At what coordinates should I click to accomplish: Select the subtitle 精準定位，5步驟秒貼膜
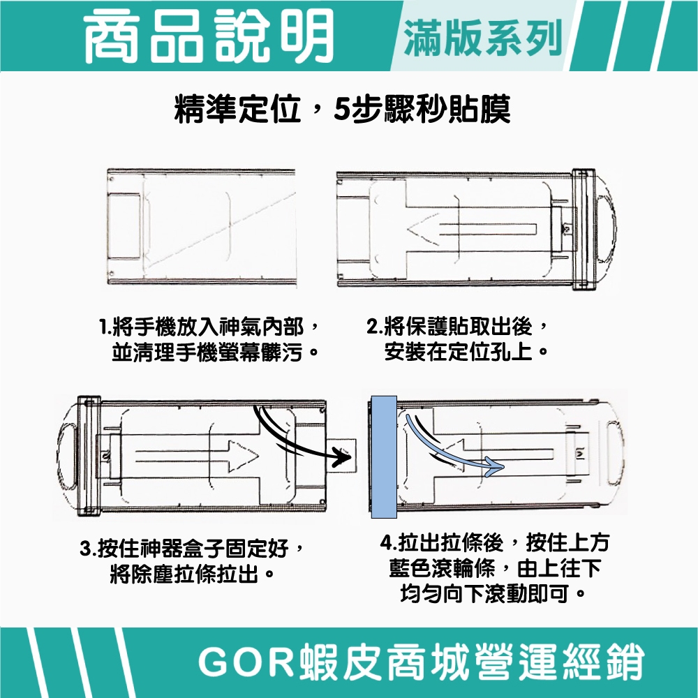pyautogui.click(x=342, y=108)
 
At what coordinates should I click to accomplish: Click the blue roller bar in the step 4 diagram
pyautogui.click(x=384, y=456)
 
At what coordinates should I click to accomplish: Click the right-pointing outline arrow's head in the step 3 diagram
pyautogui.click(x=243, y=456)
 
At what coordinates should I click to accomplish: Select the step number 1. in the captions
pyautogui.click(x=105, y=328)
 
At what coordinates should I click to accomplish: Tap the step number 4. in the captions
pyautogui.click(x=389, y=543)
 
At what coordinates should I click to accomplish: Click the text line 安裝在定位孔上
pyautogui.click(x=459, y=352)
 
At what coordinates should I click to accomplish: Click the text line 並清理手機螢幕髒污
pyautogui.click(x=207, y=352)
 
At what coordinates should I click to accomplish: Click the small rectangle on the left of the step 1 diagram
pyautogui.click(x=124, y=226)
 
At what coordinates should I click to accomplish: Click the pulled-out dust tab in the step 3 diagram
pyautogui.click(x=341, y=456)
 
